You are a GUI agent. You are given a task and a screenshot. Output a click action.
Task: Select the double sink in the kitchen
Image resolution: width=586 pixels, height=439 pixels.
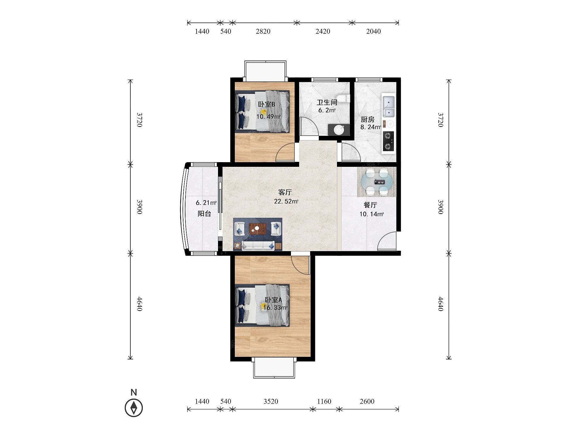click(x=389, y=106)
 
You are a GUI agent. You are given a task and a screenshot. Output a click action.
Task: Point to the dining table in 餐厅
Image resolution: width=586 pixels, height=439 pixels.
click(x=377, y=182)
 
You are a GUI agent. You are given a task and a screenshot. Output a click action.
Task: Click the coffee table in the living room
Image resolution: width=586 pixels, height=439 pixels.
click(x=257, y=229)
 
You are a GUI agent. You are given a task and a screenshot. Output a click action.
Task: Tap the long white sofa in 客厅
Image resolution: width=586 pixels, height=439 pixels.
click(x=258, y=246)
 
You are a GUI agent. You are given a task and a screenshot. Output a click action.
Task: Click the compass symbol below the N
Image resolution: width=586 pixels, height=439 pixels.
click(x=134, y=407)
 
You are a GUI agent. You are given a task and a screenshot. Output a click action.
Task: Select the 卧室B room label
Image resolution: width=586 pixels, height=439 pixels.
click(x=266, y=104)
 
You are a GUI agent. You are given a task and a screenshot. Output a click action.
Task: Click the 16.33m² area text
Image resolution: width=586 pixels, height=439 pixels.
click(x=275, y=308)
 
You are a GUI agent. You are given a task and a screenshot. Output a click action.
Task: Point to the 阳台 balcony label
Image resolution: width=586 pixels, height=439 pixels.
click(x=204, y=214)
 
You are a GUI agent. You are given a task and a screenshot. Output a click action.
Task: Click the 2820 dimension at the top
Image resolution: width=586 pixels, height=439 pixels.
click(x=263, y=31)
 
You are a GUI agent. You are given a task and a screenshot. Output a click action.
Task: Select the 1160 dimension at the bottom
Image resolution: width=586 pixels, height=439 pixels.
click(x=324, y=401)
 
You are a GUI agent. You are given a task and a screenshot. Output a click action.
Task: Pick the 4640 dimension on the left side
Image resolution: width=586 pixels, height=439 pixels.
click(x=139, y=304)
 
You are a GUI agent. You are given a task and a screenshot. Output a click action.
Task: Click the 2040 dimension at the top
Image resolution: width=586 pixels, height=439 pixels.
click(x=374, y=31)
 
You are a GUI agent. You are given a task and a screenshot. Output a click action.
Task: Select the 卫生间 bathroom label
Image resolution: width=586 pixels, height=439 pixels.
click(x=327, y=102)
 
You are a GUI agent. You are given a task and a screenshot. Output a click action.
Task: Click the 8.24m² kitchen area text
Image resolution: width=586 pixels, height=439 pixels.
click(x=371, y=127)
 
